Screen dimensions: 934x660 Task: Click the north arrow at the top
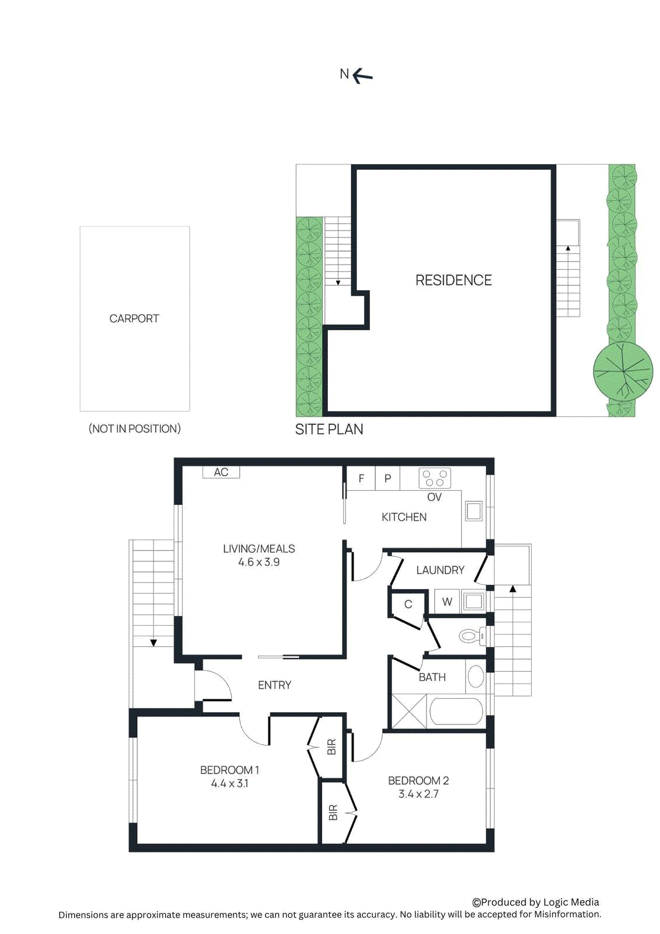point(362,75)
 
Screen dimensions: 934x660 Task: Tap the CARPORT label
point(134,319)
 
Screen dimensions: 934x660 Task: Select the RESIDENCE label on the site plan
point(453,281)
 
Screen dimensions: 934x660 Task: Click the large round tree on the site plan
point(623,371)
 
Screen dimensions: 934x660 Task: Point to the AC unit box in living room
point(221,472)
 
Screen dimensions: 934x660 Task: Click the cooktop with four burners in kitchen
point(435,479)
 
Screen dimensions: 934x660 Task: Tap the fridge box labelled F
point(361,479)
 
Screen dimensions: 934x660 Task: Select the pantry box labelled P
point(387,479)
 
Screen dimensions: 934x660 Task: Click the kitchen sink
point(474,511)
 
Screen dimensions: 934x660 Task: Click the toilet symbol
point(472,636)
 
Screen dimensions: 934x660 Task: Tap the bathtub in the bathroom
point(456,712)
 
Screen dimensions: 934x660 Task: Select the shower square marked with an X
point(408,712)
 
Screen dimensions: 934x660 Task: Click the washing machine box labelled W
point(447,601)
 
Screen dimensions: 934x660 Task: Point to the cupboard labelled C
point(408,605)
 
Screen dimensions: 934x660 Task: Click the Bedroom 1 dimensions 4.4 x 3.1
point(230,784)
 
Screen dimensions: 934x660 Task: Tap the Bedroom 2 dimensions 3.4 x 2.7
point(418,794)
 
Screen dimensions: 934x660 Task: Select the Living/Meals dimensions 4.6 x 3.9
point(259,563)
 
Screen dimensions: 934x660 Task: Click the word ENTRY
point(274,685)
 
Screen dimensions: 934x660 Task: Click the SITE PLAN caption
point(329,430)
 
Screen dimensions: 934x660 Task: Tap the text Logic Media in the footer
point(571,902)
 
